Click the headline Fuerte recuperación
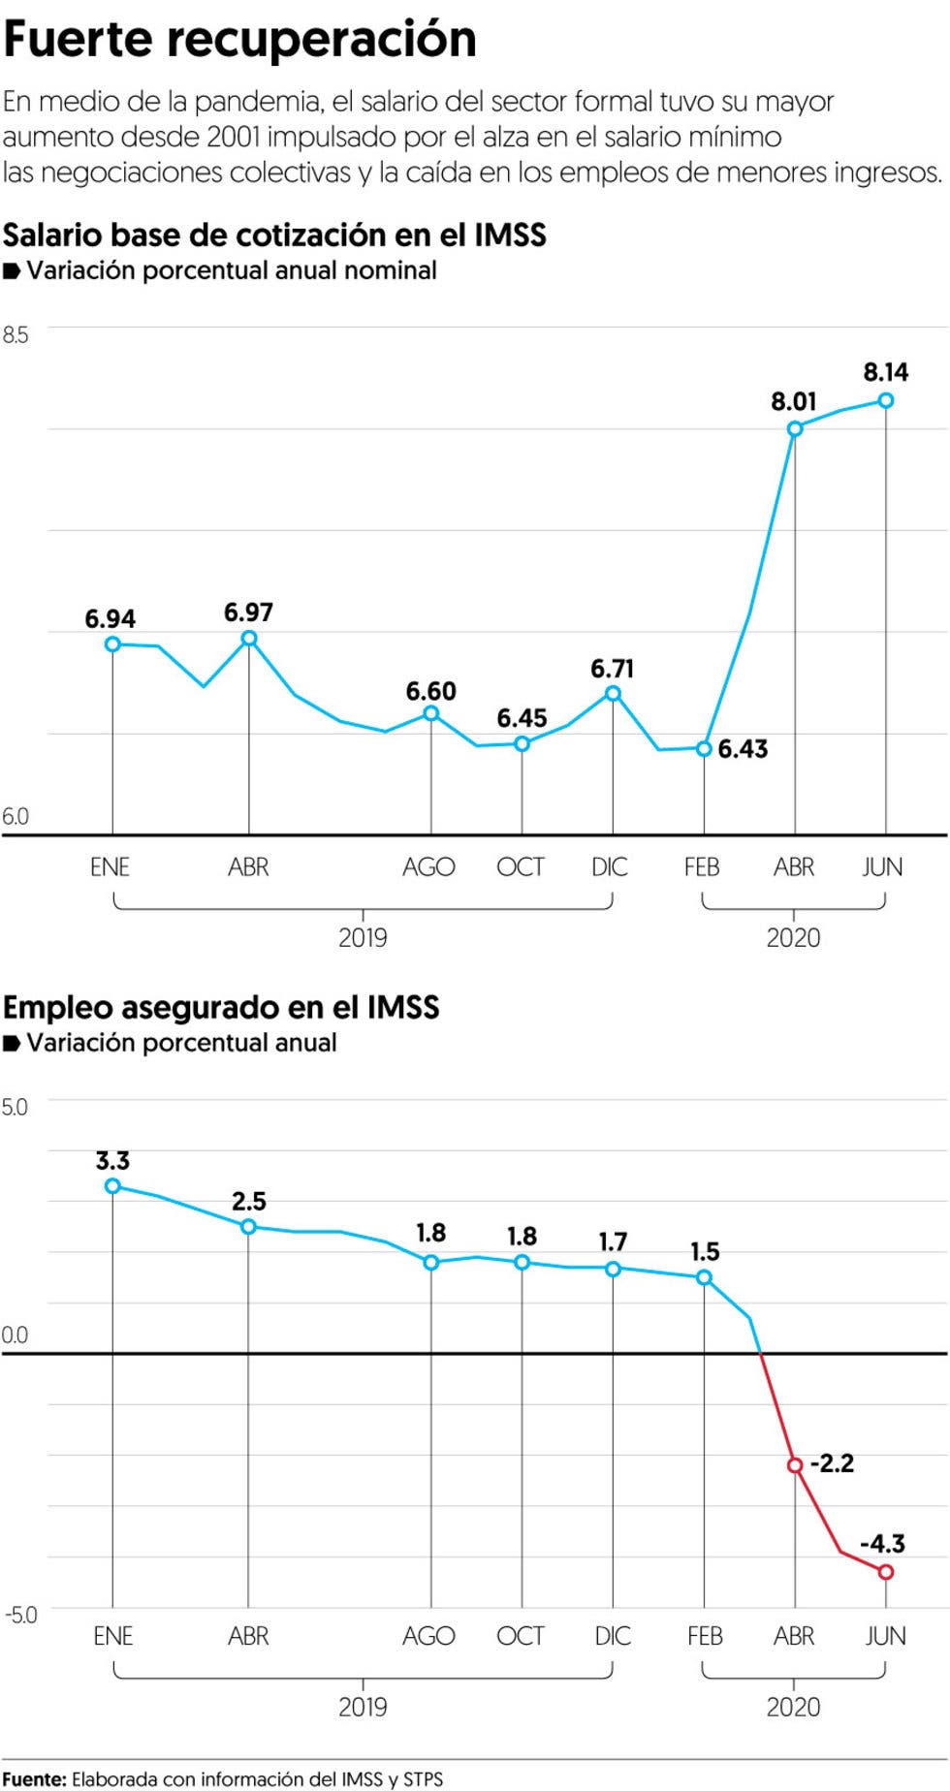239,40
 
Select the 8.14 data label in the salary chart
885,372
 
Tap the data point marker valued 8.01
795,429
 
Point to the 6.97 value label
248,613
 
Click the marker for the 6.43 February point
705,748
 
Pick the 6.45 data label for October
522,718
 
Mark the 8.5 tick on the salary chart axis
16,335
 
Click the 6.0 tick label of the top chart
16,816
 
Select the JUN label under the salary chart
882,866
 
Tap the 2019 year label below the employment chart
363,1706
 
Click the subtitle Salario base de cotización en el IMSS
274,235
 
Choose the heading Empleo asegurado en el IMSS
221,1007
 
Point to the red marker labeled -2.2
795,1464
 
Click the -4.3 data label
882,1543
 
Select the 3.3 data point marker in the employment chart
112,1185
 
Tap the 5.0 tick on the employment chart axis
16,1107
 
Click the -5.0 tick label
20,1615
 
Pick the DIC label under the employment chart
613,1636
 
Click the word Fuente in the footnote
34,1779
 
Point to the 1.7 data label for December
613,1241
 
